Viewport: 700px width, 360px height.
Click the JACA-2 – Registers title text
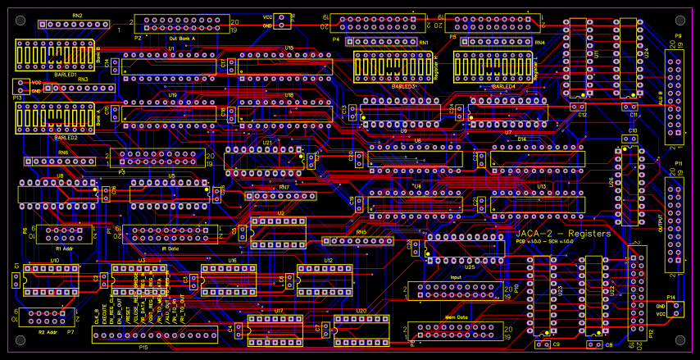pyautogui.click(x=564, y=234)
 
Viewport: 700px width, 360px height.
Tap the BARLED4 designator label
pyautogui.click(x=504, y=86)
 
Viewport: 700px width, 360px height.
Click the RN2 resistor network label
pyautogui.click(x=77, y=16)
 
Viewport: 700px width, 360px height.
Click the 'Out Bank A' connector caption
pyautogui.click(x=182, y=38)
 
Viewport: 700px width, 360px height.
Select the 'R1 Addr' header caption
pyautogui.click(x=64, y=248)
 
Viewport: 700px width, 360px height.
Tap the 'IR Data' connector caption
pyautogui.click(x=170, y=248)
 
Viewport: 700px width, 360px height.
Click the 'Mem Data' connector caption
pyautogui.click(x=456, y=317)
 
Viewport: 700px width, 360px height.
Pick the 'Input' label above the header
pyautogui.click(x=456, y=277)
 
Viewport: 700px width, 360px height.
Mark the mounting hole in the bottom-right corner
pyautogui.click(x=680, y=341)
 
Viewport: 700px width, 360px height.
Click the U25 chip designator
pyautogui.click(x=470, y=267)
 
